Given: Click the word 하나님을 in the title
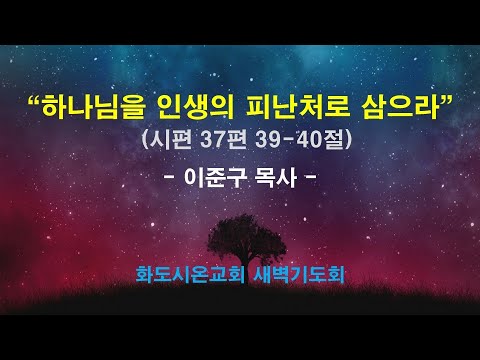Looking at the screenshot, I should (96, 104).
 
